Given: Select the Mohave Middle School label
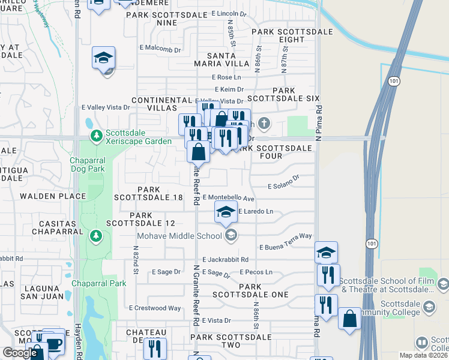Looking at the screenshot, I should point(179,235).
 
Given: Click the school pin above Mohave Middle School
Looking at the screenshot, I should point(226,212).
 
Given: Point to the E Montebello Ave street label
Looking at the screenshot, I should point(229,197).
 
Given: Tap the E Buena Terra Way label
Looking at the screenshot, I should point(286,242).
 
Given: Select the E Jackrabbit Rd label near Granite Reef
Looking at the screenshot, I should point(225,260).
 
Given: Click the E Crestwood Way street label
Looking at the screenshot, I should point(155,308).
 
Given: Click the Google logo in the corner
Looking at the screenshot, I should point(20,353).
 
